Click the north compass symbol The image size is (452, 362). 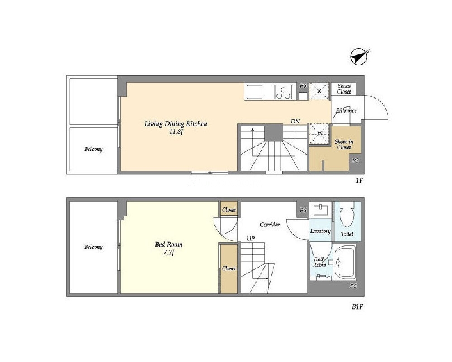[359, 56]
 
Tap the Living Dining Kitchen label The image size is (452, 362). [176, 124]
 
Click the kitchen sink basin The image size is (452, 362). [255, 92]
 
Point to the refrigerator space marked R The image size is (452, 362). [319, 91]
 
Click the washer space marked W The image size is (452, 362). [319, 133]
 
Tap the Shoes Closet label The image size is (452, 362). [344, 89]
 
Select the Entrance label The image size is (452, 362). [346, 110]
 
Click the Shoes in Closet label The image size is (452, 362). [344, 144]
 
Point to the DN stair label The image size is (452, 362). [295, 122]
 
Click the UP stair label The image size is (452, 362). [251, 239]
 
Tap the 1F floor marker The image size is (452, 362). [359, 181]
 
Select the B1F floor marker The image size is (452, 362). [357, 307]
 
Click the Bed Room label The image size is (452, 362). [169, 245]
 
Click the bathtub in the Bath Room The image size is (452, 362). [346, 263]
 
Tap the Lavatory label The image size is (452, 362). [320, 231]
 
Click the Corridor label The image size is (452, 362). [270, 225]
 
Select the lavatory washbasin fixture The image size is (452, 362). [320, 210]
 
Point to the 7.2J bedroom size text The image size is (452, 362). [169, 253]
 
